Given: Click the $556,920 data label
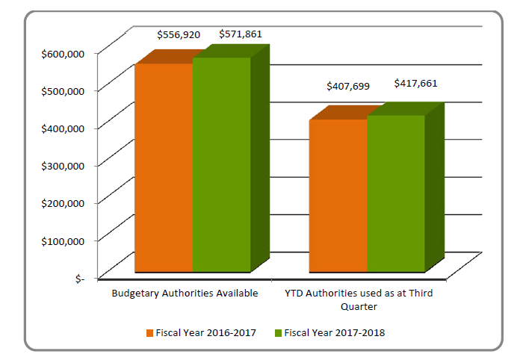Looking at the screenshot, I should pos(179,34).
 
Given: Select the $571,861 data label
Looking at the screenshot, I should pos(240,34).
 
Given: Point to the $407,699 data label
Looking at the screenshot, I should pos(348,87).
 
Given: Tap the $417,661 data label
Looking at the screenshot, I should pos(415,83).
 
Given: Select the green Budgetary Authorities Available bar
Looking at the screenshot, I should pos(221,164).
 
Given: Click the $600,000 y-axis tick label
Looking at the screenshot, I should pos(65,52).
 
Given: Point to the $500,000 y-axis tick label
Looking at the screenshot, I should pos(65,90).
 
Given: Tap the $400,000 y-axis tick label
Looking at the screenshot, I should pos(65,127).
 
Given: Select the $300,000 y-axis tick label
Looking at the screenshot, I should pos(65,164).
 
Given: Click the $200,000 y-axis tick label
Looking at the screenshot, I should pos(65,202).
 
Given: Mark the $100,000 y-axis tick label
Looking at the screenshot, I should pos(65,240).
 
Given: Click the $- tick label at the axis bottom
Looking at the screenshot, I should pos(80,278).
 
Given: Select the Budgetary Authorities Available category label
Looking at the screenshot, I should pos(185,294).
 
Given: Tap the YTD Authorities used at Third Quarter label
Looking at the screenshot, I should pos(360,300).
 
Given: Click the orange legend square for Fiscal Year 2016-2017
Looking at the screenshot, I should pos(149,332).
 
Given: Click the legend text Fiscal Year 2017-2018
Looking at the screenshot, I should pos(334,332).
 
